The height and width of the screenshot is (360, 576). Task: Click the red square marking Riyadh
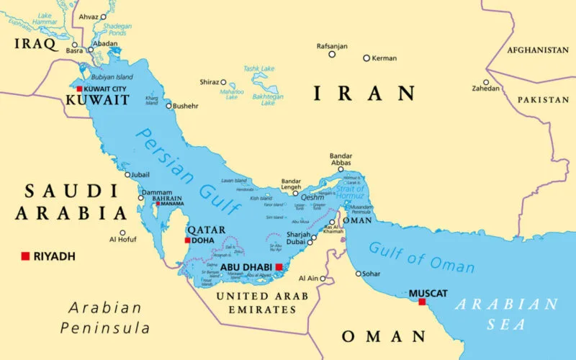click(25, 256)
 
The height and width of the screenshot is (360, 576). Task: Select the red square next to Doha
click(188, 240)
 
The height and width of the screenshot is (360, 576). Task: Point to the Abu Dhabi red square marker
click(279, 266)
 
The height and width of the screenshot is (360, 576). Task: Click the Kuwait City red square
click(79, 89)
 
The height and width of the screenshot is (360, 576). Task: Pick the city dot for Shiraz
click(223, 82)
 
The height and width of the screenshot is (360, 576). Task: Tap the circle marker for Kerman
click(366, 58)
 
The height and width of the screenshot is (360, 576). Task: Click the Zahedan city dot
click(486, 81)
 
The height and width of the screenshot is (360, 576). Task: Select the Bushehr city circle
click(169, 106)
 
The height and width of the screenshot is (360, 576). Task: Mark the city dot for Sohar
click(359, 273)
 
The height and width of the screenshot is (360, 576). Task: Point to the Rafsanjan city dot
click(332, 54)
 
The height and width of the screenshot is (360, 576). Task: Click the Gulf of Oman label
click(421, 257)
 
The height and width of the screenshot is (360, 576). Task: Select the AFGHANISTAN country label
click(537, 50)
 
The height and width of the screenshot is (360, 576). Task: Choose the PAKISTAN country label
click(543, 99)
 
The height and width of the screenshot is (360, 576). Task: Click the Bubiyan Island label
click(111, 77)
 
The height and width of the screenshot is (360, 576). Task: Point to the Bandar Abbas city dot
click(341, 170)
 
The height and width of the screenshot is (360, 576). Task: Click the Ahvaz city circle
click(103, 16)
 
